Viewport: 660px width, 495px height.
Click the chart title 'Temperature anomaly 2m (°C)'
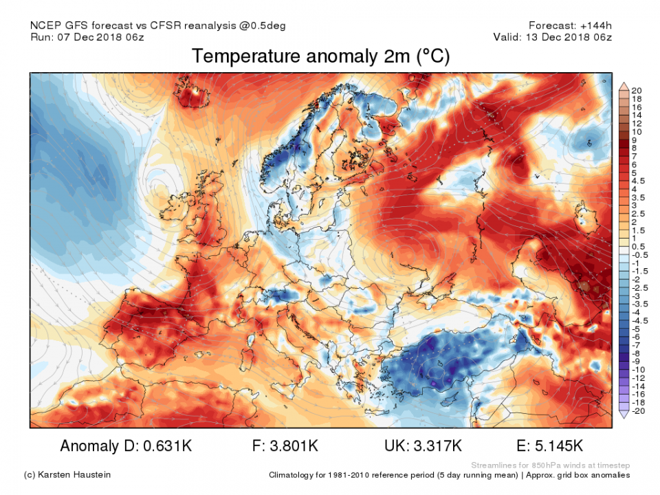320,56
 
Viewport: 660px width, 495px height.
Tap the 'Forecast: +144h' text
570,25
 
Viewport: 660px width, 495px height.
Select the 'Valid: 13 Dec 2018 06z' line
553,37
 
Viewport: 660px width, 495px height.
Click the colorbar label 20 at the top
636,91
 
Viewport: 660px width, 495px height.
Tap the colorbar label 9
634,140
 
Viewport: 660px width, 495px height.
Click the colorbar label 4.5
638,181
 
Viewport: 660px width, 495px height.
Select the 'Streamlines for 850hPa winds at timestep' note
551,465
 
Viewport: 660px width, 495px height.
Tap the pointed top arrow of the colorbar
624,85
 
